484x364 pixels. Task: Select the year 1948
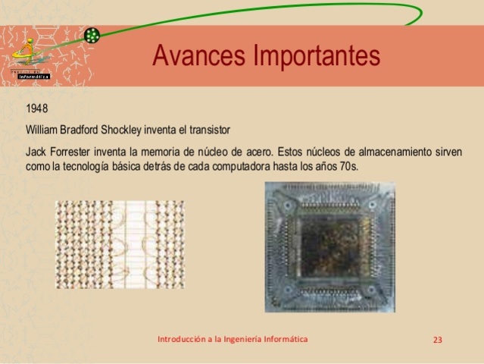(36, 109)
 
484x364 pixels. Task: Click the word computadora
(258, 165)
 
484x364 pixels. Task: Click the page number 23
(437, 340)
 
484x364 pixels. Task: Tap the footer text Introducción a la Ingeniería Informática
(233, 339)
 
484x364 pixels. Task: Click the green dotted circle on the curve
(92, 35)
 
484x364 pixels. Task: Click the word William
(42, 127)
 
